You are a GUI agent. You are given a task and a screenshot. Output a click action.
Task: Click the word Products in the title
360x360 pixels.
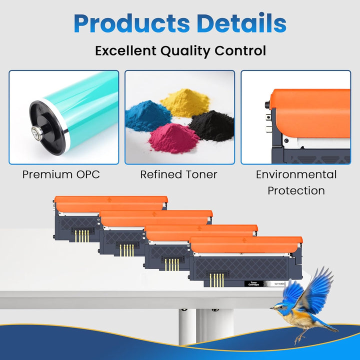pyautogui.click(x=131, y=23)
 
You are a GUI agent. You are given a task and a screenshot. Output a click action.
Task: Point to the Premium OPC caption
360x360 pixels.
pyautogui.click(x=61, y=174)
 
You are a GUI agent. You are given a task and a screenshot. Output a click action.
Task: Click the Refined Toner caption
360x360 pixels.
pyautogui.click(x=178, y=174)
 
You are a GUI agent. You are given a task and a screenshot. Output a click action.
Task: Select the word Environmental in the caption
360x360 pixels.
pyautogui.click(x=296, y=174)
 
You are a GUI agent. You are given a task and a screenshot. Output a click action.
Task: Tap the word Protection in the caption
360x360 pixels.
pyautogui.click(x=296, y=190)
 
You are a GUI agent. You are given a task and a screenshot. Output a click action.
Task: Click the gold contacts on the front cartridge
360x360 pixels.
pyautogui.click(x=216, y=279)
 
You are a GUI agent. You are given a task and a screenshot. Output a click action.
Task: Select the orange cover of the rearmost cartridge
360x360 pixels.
pyautogui.click(x=110, y=202)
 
